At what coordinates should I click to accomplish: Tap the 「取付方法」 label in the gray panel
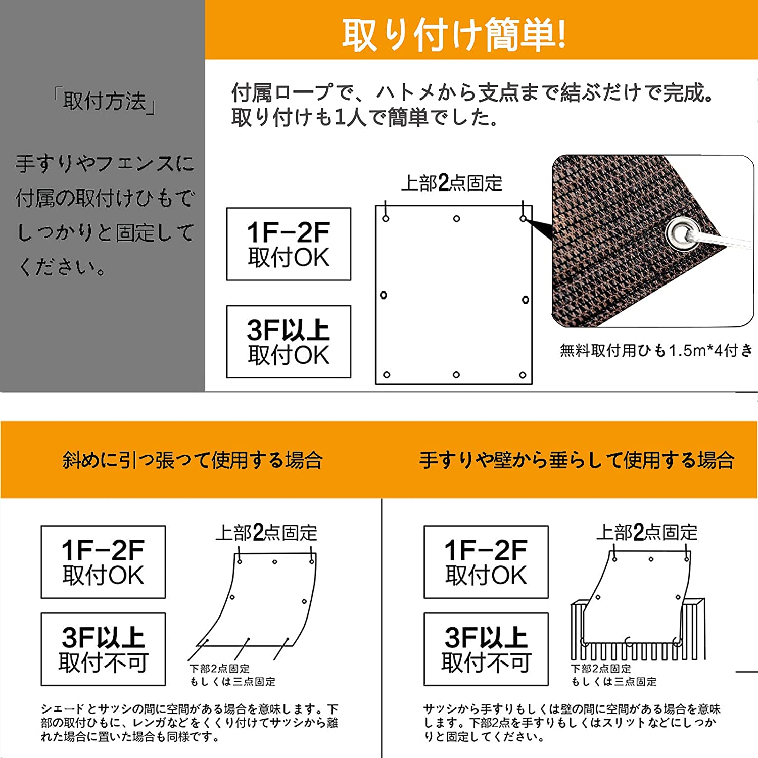click(104, 101)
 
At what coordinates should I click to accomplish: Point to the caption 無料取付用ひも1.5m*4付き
click(656, 350)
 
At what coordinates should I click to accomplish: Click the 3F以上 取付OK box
click(289, 342)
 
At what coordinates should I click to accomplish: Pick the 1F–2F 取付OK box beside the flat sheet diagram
click(289, 244)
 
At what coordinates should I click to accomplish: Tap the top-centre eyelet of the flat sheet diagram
click(456, 219)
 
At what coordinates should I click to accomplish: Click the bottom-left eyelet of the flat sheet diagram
click(387, 375)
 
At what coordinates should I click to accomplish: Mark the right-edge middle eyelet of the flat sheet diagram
click(526, 300)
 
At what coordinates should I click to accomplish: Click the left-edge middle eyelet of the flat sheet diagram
click(384, 295)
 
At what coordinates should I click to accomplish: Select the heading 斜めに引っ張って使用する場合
click(193, 460)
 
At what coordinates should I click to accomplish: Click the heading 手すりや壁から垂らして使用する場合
click(577, 460)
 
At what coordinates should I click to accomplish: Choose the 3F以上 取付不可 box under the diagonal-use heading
click(103, 649)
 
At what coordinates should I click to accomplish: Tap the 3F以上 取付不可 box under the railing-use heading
click(486, 649)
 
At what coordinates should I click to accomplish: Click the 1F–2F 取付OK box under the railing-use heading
click(486, 562)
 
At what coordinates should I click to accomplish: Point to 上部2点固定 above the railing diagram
click(646, 533)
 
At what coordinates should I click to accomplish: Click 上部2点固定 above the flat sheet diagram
click(451, 183)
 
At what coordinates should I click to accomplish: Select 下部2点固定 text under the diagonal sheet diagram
click(219, 669)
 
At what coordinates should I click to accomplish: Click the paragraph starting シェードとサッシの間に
click(189, 723)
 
